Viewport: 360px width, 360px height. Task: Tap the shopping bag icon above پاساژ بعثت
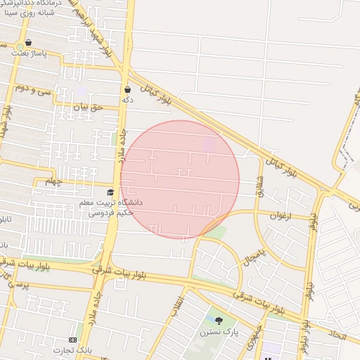point(28,43)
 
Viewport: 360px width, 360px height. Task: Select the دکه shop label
point(127,101)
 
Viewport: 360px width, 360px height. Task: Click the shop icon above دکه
point(127,89)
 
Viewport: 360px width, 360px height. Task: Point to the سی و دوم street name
point(34,89)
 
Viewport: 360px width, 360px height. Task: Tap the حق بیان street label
point(88,107)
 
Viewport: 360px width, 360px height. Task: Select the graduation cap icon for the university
point(110,192)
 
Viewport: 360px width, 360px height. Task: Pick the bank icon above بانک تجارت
point(73,340)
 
